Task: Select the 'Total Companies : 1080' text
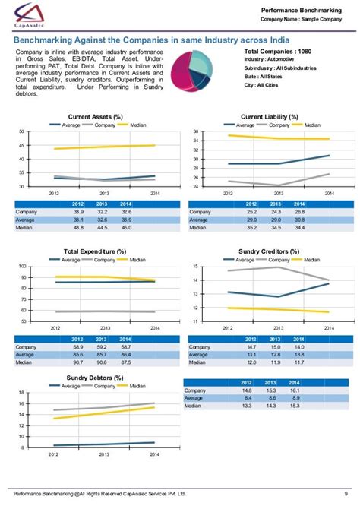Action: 278,50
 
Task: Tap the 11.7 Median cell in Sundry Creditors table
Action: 299,362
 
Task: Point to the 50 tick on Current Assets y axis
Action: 21,132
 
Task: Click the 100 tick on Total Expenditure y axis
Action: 21,267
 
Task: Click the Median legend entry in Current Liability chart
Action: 311,124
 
